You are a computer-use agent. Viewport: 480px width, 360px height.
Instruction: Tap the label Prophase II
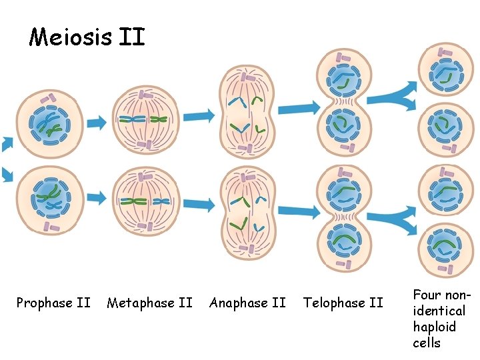click(x=53, y=303)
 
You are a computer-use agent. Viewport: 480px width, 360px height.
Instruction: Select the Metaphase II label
click(x=149, y=303)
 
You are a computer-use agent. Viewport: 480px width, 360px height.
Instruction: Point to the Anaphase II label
click(x=247, y=303)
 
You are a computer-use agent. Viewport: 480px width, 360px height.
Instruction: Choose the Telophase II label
click(x=343, y=303)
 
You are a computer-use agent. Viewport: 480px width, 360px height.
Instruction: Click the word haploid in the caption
click(x=434, y=327)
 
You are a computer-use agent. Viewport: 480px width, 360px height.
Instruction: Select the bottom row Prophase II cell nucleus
click(x=49, y=197)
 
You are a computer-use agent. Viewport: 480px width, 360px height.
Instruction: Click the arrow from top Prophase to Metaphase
click(x=97, y=123)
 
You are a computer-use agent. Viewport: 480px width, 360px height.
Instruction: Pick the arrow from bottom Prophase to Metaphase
click(x=97, y=197)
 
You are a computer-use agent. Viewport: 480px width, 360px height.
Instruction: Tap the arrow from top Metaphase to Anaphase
click(x=199, y=116)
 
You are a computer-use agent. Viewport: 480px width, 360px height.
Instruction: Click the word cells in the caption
click(x=427, y=343)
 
